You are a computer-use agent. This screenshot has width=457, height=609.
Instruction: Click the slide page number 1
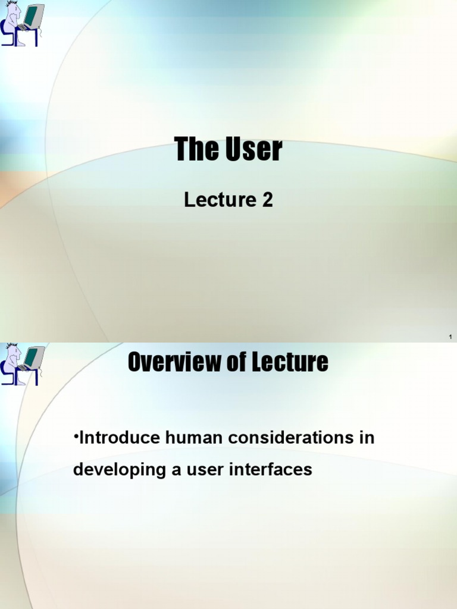click(x=450, y=338)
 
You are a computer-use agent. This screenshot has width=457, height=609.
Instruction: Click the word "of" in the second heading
click(x=233, y=362)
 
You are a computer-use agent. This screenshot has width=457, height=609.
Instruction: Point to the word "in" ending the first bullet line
click(x=368, y=438)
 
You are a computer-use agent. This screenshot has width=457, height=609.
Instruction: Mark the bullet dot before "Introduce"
click(x=76, y=437)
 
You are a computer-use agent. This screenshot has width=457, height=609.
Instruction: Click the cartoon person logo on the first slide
click(x=12, y=25)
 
